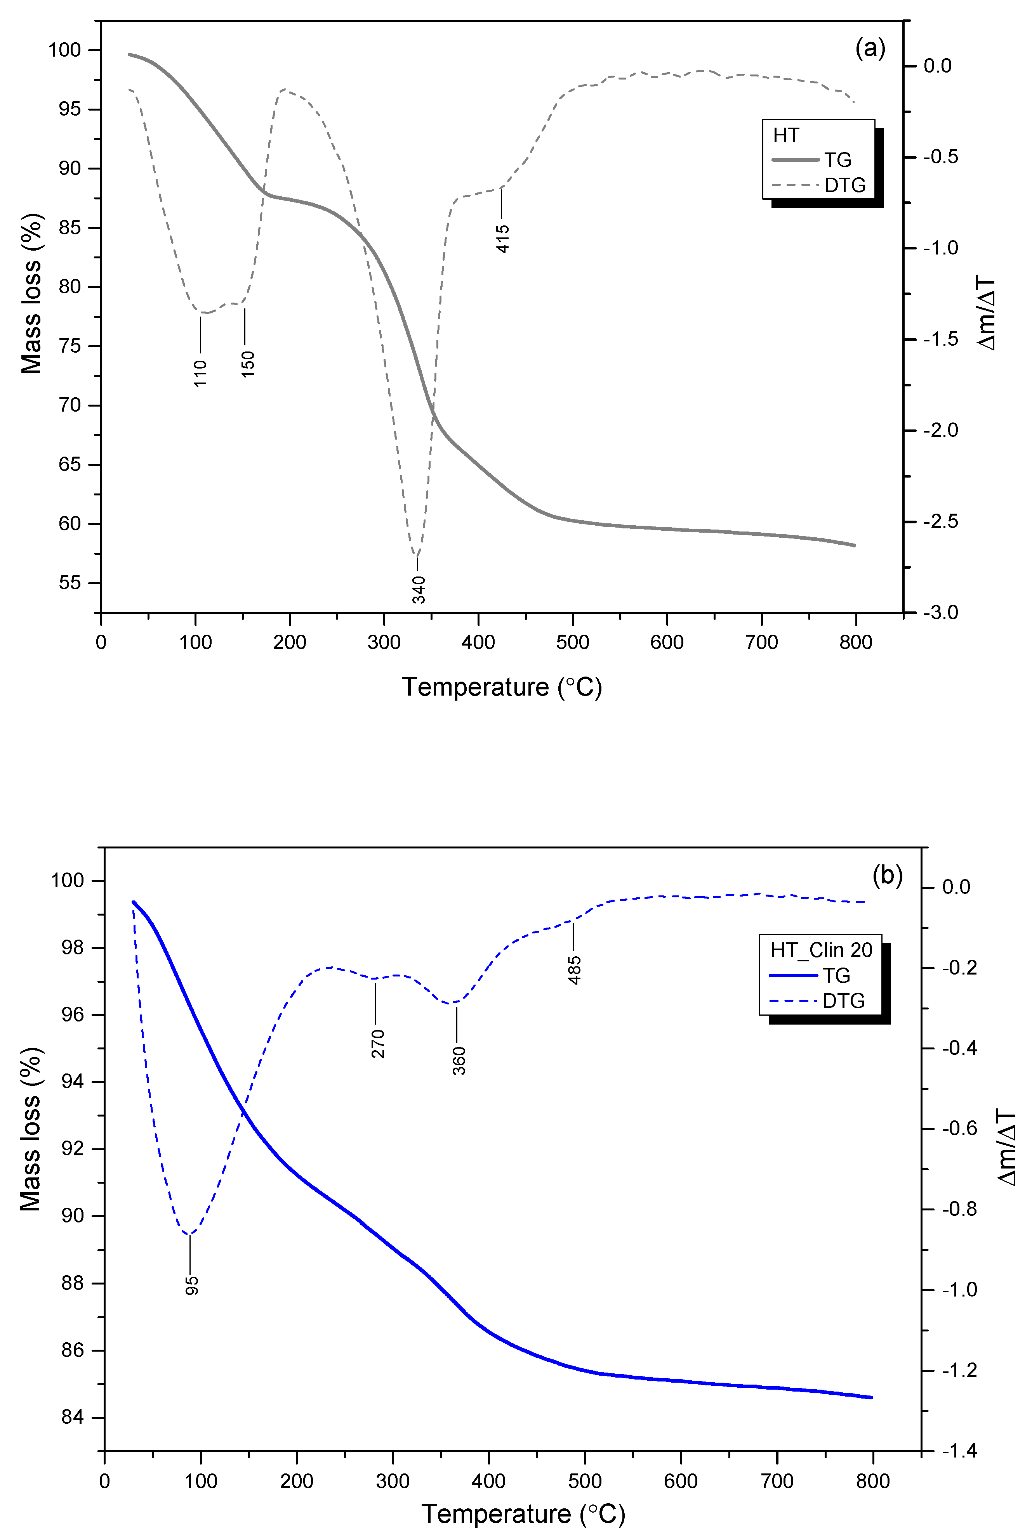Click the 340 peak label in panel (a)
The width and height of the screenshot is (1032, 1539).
pyautogui.click(x=419, y=589)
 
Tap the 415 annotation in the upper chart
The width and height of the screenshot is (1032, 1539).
pyautogui.click(x=502, y=238)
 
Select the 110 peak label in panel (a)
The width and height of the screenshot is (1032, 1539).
pyautogui.click(x=200, y=373)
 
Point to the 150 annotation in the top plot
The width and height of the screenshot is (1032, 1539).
pyautogui.click(x=247, y=364)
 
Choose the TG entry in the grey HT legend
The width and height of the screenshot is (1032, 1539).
pyautogui.click(x=837, y=160)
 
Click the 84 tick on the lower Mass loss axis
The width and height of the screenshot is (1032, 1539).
pyautogui.click(x=72, y=1417)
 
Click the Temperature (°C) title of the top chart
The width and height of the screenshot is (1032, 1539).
pyautogui.click(x=502, y=687)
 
